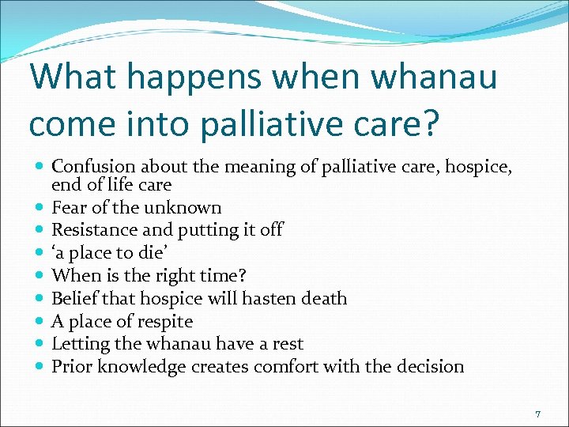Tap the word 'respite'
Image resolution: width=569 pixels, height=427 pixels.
164,322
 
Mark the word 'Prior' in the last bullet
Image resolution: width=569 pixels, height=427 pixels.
70,367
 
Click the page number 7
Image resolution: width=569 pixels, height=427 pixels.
537,414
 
